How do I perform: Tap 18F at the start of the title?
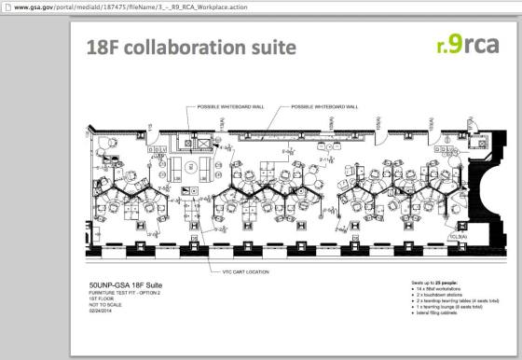pyautogui.click(x=102, y=47)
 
